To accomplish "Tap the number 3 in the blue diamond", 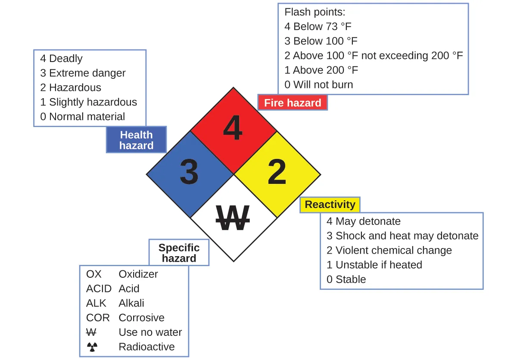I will (x=189, y=172).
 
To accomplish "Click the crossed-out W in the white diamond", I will (x=233, y=217).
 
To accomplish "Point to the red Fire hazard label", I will (x=293, y=103).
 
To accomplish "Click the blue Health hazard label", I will (x=136, y=140).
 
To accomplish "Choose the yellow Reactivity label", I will (x=330, y=205).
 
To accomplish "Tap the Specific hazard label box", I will (x=179, y=253).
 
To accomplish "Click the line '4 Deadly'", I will (x=61, y=59).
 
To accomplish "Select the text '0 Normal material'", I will (x=83, y=116).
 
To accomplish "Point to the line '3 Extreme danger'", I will (x=83, y=73).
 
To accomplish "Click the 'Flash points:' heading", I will (x=315, y=12).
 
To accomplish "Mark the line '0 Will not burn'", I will (x=318, y=84).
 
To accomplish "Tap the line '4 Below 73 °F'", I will (x=318, y=27).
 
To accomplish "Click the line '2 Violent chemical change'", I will (x=389, y=250).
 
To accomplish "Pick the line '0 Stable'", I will (x=346, y=279).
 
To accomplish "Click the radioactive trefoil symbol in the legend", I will (x=92, y=347).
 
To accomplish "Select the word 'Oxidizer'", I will (x=138, y=274).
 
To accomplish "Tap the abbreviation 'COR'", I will (x=98, y=318).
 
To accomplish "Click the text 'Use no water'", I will (x=150, y=332).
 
